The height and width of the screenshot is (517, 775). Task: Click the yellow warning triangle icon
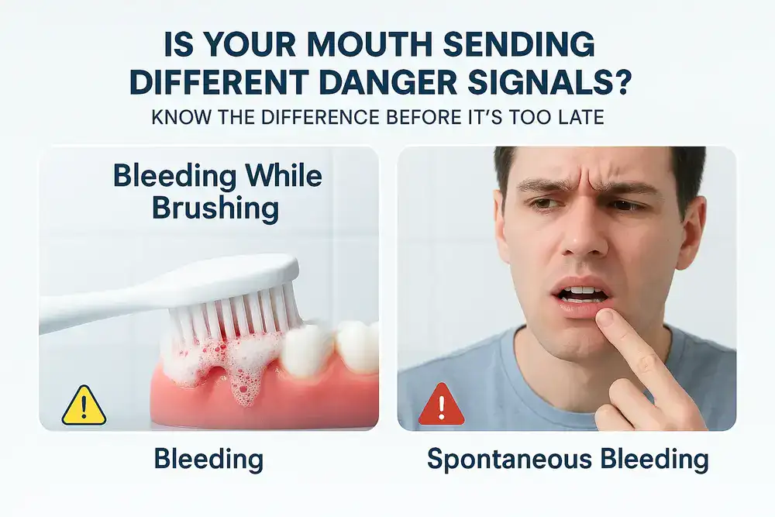click(x=84, y=406)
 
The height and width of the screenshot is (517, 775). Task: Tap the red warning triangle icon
click(x=442, y=405)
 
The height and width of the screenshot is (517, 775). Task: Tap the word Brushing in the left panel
click(x=215, y=209)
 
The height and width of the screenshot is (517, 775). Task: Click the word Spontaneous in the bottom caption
click(x=509, y=460)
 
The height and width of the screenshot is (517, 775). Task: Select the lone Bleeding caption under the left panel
click(x=208, y=459)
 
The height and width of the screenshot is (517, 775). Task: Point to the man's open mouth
click(x=581, y=295)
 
